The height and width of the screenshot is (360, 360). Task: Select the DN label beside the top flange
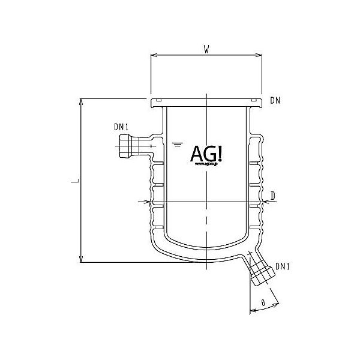275,100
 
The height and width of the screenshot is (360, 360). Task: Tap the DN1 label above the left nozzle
121,127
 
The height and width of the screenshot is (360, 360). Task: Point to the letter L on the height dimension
73,180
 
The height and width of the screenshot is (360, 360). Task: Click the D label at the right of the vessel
272,196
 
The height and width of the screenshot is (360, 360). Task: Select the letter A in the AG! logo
197,154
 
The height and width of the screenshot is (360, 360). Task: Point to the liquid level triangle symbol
177,144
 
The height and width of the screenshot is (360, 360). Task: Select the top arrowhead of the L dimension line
81,101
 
